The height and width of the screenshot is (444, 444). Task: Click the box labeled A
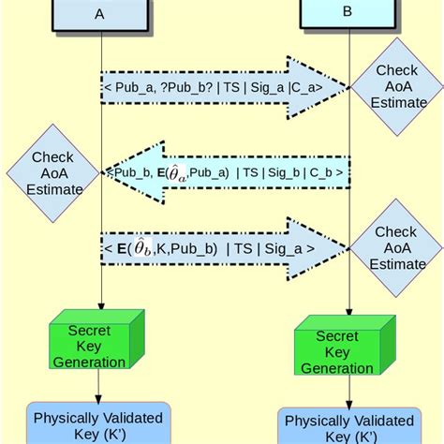pos(99,14)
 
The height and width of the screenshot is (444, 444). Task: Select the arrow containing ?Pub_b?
pos(225,88)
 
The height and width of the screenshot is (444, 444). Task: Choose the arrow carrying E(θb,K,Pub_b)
pos(225,248)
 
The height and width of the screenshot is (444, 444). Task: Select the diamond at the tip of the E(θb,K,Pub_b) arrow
pos(396,247)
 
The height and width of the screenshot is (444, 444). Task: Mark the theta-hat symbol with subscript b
pos(140,247)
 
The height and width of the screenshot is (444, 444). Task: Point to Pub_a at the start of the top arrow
pos(132,89)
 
